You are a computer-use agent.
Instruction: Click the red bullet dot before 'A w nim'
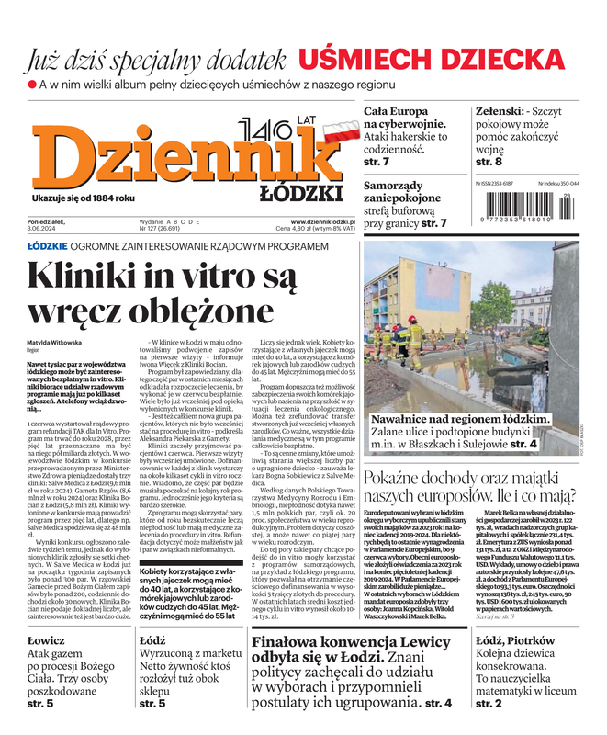point(33,85)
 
